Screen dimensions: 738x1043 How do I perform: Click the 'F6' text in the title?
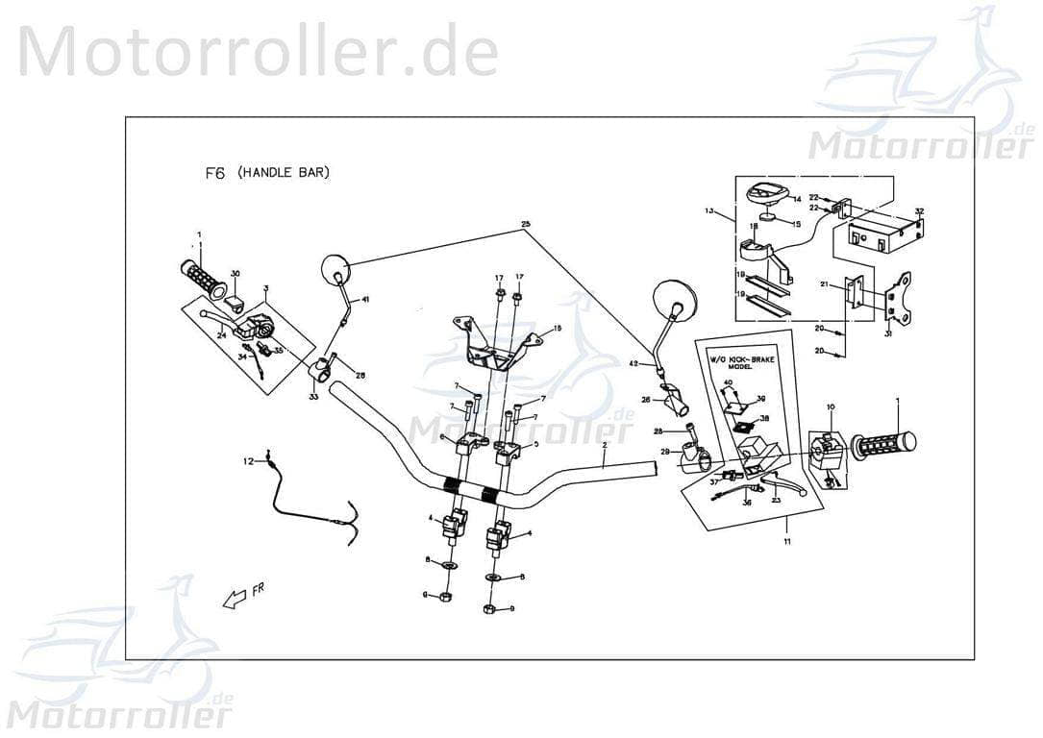coord(214,174)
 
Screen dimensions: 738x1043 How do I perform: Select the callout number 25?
coord(525,225)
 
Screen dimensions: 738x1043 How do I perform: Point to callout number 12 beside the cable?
coord(247,461)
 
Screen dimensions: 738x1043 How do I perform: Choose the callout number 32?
coord(919,211)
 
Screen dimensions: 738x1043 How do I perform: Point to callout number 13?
coord(709,211)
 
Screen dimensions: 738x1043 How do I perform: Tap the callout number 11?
coord(785,543)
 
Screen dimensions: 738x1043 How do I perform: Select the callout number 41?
coord(364,300)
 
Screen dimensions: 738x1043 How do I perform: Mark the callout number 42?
coord(633,364)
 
